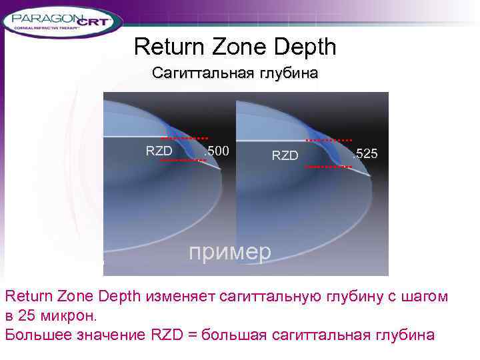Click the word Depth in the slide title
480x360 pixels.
306,47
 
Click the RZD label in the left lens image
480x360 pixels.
159,151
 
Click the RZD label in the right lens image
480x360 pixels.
285,155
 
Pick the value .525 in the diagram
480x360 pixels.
365,154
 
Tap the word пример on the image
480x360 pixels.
230,252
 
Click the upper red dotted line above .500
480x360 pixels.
185,138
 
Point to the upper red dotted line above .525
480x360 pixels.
329,140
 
